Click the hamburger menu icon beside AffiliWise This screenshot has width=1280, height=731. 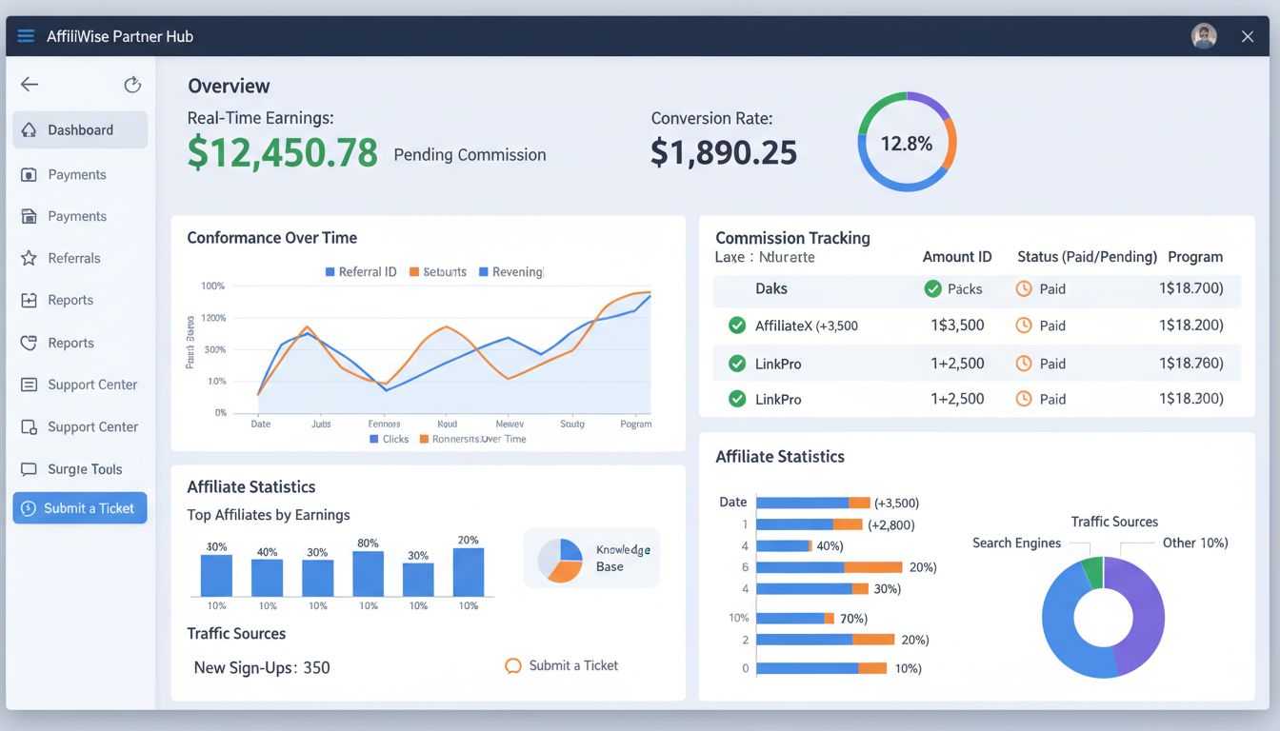pos(26,36)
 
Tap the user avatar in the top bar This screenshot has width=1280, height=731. pos(1204,36)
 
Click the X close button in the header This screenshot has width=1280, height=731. pos(1248,36)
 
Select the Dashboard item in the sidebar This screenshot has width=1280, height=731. pos(80,130)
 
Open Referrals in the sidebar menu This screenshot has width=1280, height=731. pos(74,258)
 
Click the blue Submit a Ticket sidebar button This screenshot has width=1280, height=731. pos(80,508)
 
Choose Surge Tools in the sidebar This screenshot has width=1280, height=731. pos(85,469)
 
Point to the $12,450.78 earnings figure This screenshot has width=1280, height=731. pos(283,152)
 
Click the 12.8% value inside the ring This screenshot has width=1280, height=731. pos(906,144)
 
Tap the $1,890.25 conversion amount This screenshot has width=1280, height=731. pos(724,152)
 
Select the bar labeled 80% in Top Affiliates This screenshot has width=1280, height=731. pos(368,574)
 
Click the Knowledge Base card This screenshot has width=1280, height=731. pos(591,558)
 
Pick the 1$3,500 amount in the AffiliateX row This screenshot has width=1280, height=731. pos(957,326)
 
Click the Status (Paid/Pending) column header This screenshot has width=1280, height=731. pos(1087,257)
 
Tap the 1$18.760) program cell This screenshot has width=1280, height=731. pos(1190,363)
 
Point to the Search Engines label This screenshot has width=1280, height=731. pos(1016,543)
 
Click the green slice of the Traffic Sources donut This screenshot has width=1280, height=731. pos(1093,571)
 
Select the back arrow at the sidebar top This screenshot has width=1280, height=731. pos(30,85)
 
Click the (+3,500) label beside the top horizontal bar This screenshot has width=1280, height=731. pos(896,503)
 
